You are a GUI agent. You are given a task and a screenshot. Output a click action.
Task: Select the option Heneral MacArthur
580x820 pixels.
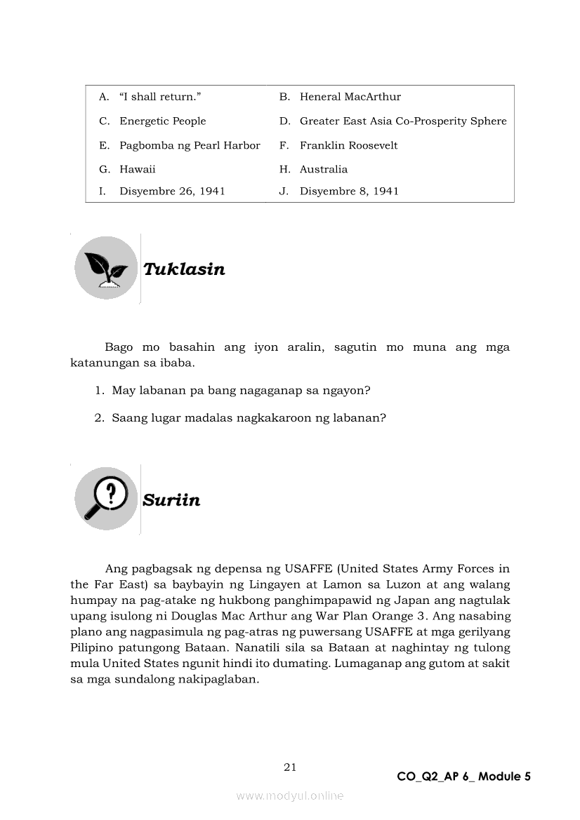click(350, 97)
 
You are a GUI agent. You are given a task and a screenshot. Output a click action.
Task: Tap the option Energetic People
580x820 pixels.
click(162, 121)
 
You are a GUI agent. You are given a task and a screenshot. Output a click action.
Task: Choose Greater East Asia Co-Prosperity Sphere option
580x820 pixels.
click(402, 121)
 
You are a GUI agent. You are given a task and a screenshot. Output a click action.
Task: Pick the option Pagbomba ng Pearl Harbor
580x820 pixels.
click(190, 145)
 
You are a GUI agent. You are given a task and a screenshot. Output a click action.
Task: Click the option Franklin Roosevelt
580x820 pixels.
click(348, 145)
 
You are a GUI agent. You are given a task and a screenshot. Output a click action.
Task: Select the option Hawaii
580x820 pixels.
click(138, 169)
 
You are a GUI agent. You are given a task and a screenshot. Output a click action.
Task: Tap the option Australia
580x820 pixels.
click(323, 169)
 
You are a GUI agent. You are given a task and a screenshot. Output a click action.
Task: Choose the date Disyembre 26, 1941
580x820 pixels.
click(172, 191)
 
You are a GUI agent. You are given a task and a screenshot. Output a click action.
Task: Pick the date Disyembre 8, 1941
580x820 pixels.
click(349, 191)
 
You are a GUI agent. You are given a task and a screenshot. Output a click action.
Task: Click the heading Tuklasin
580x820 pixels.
click(184, 269)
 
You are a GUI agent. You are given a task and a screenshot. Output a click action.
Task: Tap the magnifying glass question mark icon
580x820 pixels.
click(106, 499)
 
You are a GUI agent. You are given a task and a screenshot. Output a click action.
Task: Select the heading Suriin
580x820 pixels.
click(171, 500)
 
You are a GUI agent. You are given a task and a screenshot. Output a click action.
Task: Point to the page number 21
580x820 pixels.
click(290, 767)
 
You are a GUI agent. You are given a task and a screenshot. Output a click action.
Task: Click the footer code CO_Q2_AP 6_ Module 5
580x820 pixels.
click(463, 777)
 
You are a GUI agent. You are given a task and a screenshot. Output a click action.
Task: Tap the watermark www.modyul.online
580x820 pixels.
click(290, 795)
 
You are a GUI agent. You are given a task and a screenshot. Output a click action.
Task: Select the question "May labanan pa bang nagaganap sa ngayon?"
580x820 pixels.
click(241, 390)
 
